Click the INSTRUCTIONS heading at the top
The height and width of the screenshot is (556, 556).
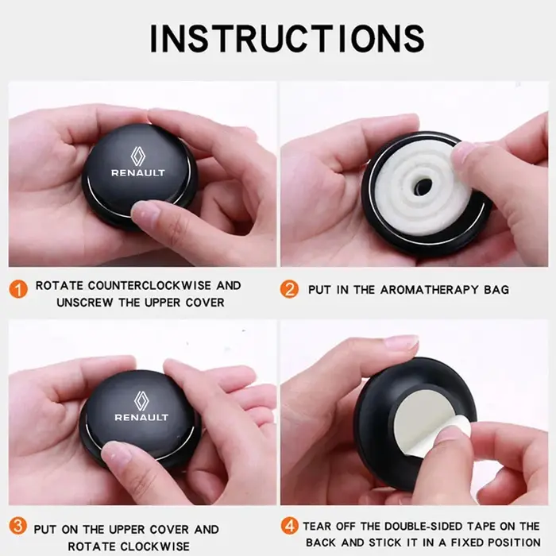pyautogui.click(x=288, y=39)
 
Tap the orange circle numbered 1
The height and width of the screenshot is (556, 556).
pyautogui.click(x=18, y=289)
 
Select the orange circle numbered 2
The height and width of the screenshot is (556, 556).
pyautogui.click(x=289, y=289)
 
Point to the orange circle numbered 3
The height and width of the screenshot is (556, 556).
pyautogui.click(x=17, y=526)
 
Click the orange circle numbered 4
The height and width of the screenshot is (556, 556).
pyautogui.click(x=289, y=526)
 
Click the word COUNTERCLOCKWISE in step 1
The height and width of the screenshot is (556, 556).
pyautogui.click(x=149, y=285)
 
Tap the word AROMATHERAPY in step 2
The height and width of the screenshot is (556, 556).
pyautogui.click(x=430, y=290)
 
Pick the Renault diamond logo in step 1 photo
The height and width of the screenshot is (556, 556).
pyautogui.click(x=137, y=156)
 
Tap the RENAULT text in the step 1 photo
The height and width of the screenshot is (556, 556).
pyautogui.click(x=138, y=173)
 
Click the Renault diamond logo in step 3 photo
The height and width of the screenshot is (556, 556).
pyautogui.click(x=141, y=401)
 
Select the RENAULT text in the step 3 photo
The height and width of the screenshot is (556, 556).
pyautogui.click(x=141, y=417)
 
